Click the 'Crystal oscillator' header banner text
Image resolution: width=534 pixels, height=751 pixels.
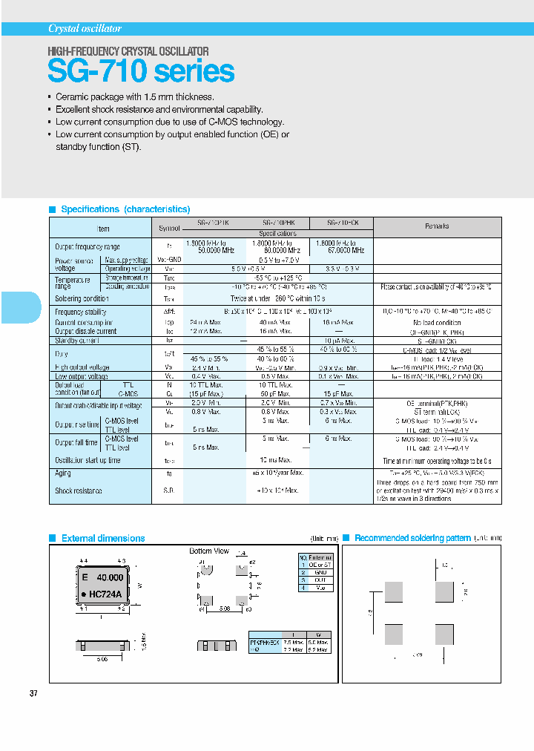(x=85, y=28)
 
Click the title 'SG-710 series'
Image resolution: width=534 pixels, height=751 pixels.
(x=141, y=71)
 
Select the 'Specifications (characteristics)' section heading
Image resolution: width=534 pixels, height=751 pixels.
(x=125, y=209)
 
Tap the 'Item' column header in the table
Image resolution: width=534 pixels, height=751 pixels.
(x=103, y=229)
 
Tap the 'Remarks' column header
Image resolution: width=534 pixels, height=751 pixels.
(x=437, y=226)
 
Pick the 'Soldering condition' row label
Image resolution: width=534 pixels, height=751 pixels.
(x=82, y=298)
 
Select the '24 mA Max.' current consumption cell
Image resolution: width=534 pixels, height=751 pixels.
(x=204, y=322)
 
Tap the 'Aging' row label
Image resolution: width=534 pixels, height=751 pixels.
(x=62, y=472)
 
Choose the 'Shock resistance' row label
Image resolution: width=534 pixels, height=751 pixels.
(x=79, y=491)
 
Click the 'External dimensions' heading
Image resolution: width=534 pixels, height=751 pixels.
(x=103, y=538)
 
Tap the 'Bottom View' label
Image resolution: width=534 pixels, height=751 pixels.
(x=209, y=551)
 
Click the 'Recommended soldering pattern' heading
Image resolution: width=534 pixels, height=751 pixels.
(x=412, y=538)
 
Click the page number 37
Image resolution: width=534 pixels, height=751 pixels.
(x=33, y=693)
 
